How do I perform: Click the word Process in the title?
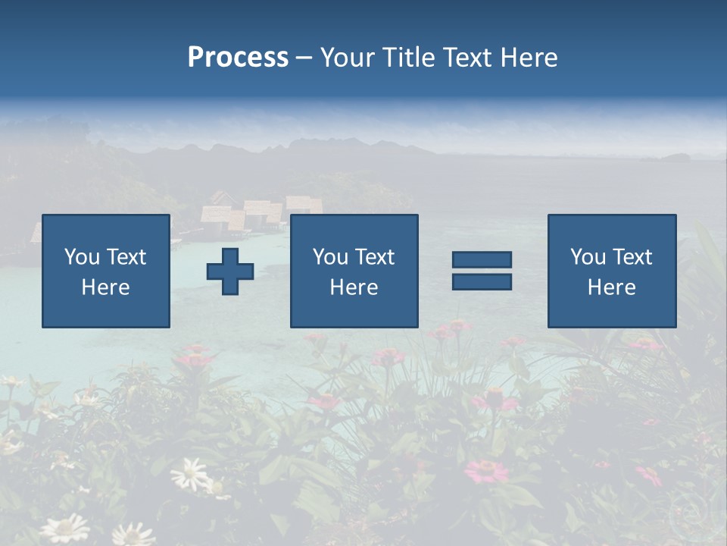tap(238, 58)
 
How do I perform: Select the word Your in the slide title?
tap(348, 58)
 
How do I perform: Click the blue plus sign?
tap(230, 271)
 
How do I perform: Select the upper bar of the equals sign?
tap(482, 260)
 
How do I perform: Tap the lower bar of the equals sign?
tap(482, 281)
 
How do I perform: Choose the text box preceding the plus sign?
tap(106, 271)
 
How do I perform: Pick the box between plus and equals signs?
tap(354, 271)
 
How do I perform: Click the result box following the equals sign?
tap(612, 271)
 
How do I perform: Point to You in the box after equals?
tap(588, 257)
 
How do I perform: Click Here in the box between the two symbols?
tap(354, 287)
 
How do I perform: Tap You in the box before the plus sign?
tap(82, 257)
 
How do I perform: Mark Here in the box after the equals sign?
tap(612, 287)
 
